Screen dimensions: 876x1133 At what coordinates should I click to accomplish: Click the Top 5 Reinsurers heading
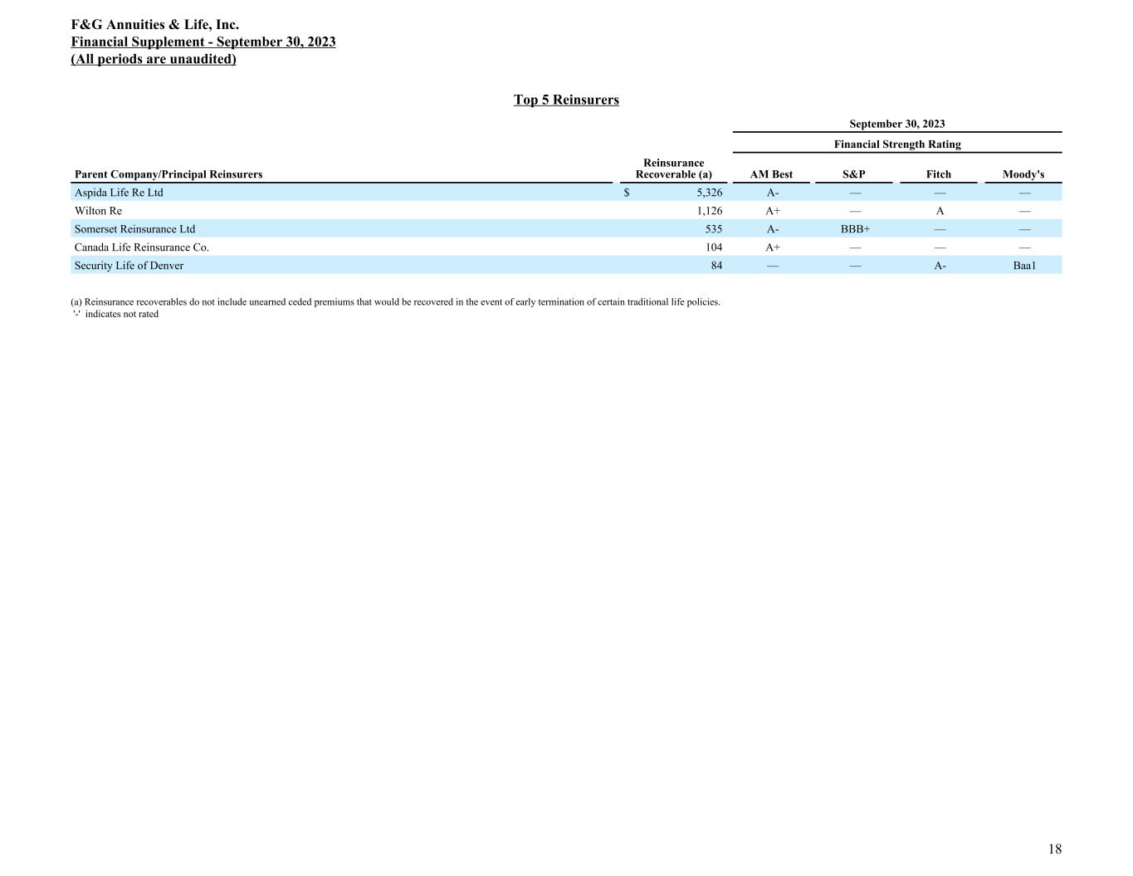tap(566, 100)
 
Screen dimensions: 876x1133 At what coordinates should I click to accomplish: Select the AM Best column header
tap(771, 174)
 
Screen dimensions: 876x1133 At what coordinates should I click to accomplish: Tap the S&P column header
tap(853, 174)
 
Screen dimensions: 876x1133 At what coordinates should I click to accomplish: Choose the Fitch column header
tap(939, 174)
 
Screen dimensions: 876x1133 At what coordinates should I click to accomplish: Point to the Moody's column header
tap(1023, 174)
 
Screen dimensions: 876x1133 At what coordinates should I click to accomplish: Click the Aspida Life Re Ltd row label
tap(119, 193)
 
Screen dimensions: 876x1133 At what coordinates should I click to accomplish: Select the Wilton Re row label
tap(98, 211)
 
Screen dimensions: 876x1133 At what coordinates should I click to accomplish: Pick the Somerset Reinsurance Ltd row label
tap(134, 229)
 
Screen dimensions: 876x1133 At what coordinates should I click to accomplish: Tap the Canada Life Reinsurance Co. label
tap(142, 247)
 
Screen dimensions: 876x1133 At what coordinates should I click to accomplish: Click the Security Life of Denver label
tap(129, 266)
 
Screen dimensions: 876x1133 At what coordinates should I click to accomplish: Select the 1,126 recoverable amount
tap(710, 211)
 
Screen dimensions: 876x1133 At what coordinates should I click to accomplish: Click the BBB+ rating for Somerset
tap(855, 229)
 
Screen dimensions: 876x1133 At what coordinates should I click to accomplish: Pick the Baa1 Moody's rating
tap(1024, 266)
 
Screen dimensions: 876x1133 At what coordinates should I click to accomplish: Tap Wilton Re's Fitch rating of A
tap(940, 211)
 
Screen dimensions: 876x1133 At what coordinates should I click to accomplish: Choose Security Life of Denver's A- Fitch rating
tap(940, 266)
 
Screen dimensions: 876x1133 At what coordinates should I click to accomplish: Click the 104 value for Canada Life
tap(713, 247)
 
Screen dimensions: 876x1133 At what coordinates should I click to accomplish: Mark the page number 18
tap(1055, 849)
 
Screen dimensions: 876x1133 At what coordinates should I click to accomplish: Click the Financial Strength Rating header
tap(897, 144)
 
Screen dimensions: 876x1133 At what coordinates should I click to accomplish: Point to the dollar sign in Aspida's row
tap(627, 193)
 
